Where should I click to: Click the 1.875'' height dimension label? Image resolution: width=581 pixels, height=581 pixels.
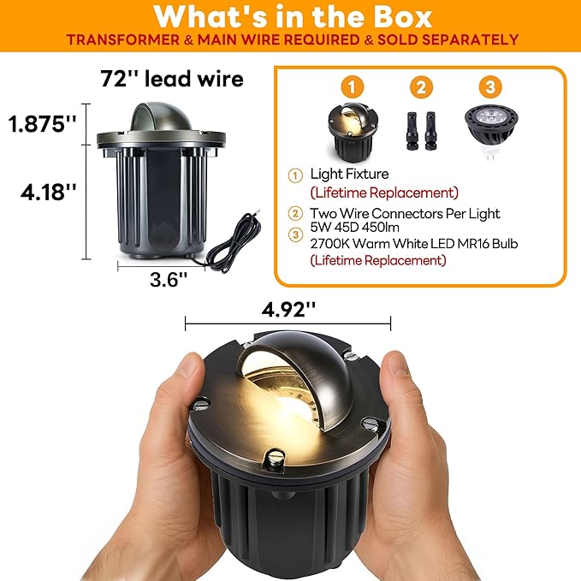(x=43, y=123)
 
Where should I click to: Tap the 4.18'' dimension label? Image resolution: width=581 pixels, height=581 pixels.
(x=49, y=192)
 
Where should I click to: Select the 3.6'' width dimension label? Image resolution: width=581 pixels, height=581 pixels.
(x=169, y=279)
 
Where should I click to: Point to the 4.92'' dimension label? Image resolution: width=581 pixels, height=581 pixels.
(x=288, y=309)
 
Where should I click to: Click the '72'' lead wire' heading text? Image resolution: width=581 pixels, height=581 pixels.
(x=172, y=79)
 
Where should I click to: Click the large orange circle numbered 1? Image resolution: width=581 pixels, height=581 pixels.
(x=352, y=87)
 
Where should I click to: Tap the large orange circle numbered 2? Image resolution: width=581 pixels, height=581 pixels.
(x=421, y=87)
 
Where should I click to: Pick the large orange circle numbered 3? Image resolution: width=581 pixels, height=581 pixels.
(x=490, y=87)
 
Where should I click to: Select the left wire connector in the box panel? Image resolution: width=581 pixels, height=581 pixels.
(x=412, y=131)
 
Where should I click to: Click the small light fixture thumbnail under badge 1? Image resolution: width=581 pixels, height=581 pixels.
(x=353, y=133)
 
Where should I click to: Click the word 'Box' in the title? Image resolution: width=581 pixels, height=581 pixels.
(x=403, y=16)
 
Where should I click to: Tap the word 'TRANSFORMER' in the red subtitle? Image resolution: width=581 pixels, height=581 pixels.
(x=123, y=39)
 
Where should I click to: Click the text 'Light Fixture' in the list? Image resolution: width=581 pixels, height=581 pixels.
(x=349, y=174)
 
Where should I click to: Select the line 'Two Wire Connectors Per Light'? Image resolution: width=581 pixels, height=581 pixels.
(x=405, y=213)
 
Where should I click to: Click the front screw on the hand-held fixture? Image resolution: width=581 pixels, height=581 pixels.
(x=276, y=458)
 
